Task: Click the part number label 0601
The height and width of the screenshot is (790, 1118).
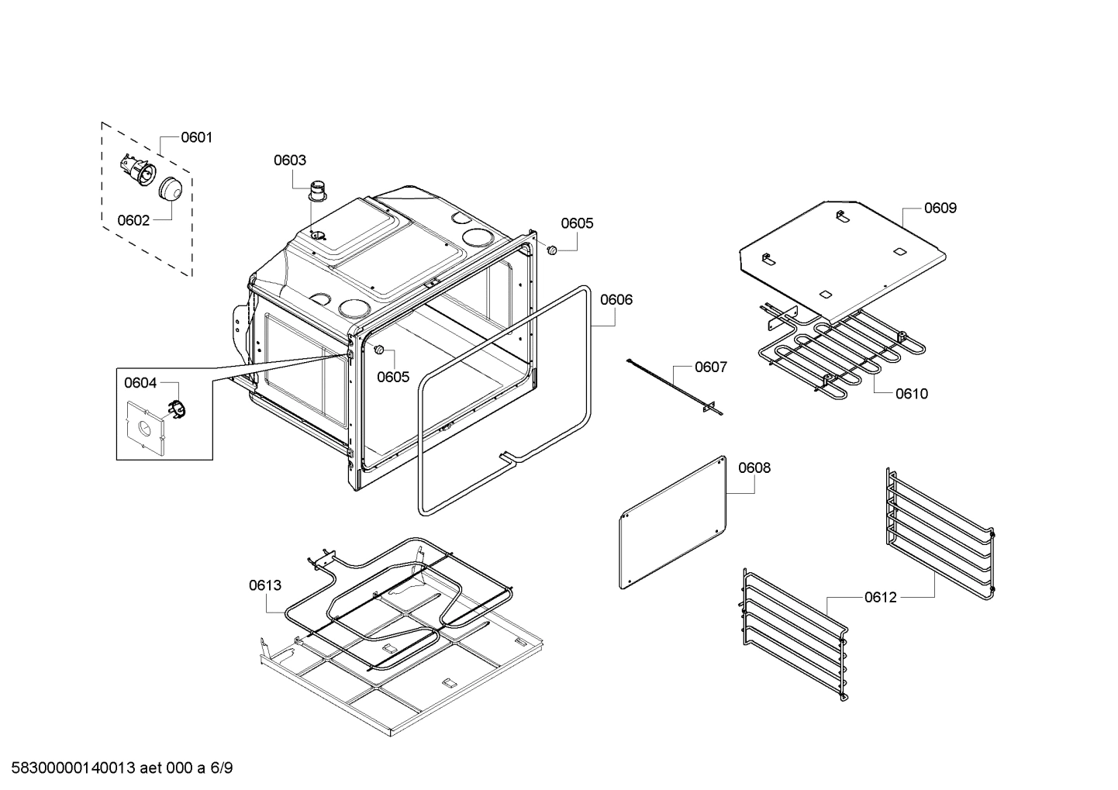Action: pos(196,138)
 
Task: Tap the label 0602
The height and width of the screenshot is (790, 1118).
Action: pos(133,220)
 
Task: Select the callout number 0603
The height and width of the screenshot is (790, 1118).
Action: pos(289,160)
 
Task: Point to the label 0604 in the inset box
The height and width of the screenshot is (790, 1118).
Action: pos(140,383)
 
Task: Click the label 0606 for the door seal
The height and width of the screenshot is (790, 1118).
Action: pos(616,299)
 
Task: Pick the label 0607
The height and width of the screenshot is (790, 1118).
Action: pos(710,367)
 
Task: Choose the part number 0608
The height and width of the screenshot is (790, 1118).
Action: pos(754,467)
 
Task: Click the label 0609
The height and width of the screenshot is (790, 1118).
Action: pos(940,208)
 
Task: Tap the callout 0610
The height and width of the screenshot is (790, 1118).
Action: pos(911,394)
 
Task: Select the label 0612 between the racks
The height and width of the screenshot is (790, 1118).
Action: pos(881,597)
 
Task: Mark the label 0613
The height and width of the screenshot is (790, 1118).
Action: pos(265,585)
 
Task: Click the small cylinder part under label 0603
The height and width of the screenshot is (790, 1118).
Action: pos(318,189)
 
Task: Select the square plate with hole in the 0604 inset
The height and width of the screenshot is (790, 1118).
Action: pos(145,426)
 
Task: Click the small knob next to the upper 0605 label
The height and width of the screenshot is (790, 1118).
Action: pos(552,250)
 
